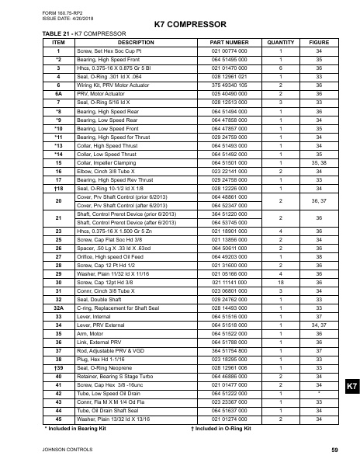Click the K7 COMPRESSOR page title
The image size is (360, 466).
click(x=180, y=25)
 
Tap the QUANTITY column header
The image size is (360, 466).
click(x=280, y=43)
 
